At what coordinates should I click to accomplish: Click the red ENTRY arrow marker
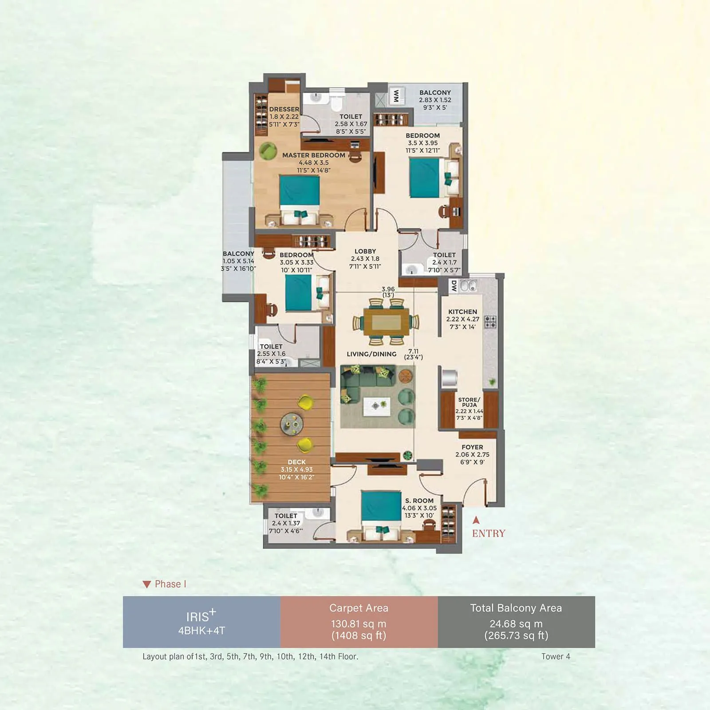(476, 520)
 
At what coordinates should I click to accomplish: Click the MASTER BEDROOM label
(313, 155)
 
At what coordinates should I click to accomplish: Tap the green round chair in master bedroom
(268, 151)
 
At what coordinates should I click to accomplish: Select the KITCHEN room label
(462, 312)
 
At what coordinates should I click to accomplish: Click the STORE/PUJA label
(469, 402)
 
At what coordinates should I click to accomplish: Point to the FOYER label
(472, 447)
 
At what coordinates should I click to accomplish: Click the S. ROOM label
(419, 501)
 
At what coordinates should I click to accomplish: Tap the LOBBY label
(365, 251)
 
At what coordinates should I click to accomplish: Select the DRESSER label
(284, 109)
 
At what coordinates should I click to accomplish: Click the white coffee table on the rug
(376, 406)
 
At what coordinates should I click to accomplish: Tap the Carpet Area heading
(359, 608)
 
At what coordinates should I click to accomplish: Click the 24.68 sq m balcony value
(516, 624)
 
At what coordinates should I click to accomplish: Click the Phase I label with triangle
(165, 584)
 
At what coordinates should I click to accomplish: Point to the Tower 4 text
(556, 656)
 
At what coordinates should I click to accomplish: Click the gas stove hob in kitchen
(490, 321)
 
